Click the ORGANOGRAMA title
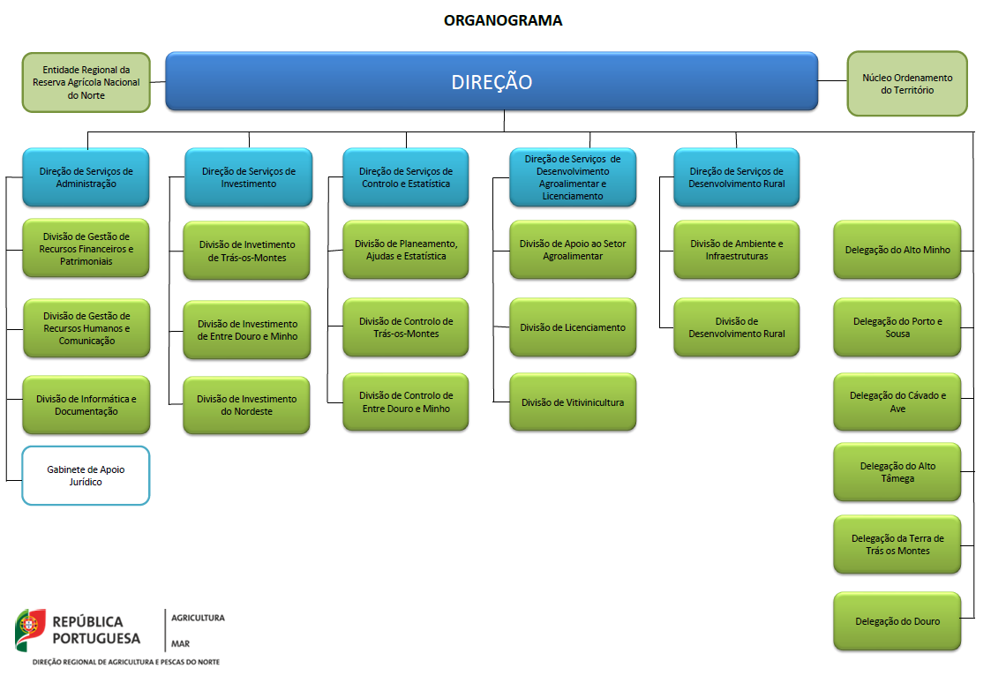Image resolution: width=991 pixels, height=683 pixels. [x=503, y=20]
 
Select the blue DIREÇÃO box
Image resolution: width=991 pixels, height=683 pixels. [x=492, y=81]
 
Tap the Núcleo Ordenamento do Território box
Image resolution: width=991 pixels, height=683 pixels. [x=907, y=84]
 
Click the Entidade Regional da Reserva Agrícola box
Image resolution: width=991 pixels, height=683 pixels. [x=86, y=82]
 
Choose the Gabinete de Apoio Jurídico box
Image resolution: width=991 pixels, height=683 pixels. [x=86, y=476]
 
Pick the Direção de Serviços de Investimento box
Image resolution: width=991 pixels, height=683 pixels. [x=248, y=177]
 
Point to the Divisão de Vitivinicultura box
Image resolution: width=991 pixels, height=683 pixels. [x=573, y=402]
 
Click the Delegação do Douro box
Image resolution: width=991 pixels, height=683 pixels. [x=897, y=621]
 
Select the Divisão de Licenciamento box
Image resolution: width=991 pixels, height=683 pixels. [x=573, y=327]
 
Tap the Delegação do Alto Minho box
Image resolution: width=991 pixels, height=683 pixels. [x=897, y=250]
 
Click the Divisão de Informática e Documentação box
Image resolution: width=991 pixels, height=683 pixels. [x=86, y=405]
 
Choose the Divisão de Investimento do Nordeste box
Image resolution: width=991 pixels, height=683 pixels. [x=246, y=405]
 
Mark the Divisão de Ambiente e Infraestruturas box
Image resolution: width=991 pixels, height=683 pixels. [x=736, y=250]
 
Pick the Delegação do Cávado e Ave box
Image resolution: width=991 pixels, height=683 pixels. [x=897, y=402]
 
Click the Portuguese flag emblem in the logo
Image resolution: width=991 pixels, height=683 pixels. [x=30, y=629]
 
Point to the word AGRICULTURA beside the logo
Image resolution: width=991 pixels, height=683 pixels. [x=198, y=618]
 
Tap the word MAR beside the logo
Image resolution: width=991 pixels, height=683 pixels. [x=180, y=644]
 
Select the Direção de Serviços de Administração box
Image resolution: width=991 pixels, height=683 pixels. [x=86, y=177]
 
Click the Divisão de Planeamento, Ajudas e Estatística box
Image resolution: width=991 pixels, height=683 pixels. [x=406, y=250]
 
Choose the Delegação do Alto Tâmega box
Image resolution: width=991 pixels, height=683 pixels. [x=897, y=472]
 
